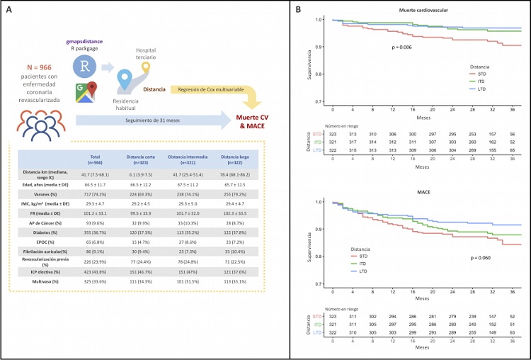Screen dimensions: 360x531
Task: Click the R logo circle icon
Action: coord(85,68)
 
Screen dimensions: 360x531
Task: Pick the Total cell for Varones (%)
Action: coord(96,192)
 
